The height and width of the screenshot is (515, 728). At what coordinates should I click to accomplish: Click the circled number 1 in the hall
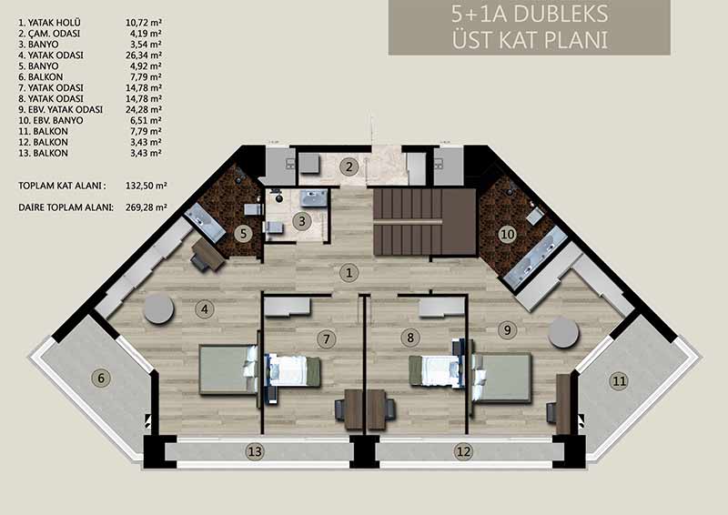coord(349,273)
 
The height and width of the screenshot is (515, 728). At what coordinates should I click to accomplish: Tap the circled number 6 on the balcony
coord(101,378)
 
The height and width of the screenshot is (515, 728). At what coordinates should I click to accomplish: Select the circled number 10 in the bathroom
coord(508,234)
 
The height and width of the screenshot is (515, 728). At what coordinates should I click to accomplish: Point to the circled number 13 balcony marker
coord(256,451)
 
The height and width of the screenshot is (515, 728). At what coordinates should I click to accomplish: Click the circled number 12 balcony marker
coord(463,451)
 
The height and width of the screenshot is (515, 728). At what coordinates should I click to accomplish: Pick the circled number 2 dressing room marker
coord(349,167)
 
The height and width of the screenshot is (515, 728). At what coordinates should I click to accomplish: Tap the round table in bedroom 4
coord(158,308)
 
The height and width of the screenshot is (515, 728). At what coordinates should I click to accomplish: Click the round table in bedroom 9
coord(563,332)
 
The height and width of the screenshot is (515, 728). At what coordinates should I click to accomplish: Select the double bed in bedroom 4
coord(228,369)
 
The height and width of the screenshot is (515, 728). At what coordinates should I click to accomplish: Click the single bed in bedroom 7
coord(292,370)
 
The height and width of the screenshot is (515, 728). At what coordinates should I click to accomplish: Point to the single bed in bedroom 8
coord(437,370)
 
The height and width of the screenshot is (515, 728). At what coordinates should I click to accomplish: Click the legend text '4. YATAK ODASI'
coord(51,56)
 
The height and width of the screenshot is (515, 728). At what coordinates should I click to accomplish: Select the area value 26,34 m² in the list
coord(144,56)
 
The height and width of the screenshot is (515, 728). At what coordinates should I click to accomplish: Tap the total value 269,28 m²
coord(147,207)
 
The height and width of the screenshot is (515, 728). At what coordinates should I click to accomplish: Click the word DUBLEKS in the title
coord(561,15)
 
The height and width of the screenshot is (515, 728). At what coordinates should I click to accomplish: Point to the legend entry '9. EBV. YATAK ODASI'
coord(61,109)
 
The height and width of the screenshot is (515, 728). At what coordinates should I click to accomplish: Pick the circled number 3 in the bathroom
coord(302,221)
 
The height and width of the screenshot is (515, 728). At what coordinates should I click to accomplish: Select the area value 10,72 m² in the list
coord(144,22)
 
